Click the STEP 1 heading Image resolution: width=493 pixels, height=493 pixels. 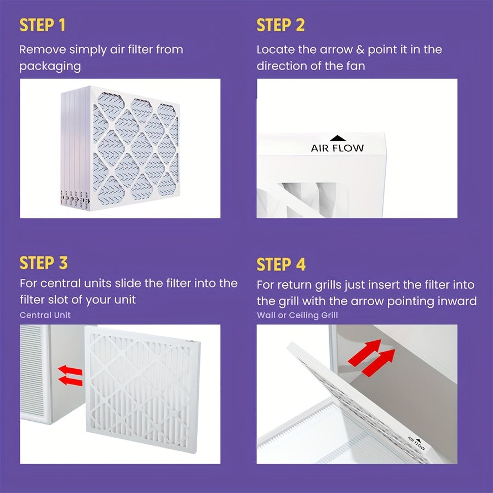pyautogui.click(x=43, y=25)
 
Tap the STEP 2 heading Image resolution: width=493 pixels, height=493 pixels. pyautogui.click(x=280, y=25)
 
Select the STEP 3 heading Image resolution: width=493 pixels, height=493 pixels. pyautogui.click(x=43, y=263)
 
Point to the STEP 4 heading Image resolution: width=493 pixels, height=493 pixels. pyautogui.click(x=280, y=265)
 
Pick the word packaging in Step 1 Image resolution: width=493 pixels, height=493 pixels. pyautogui.click(x=50, y=66)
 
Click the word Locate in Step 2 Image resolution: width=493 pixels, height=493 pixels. pyautogui.click(x=276, y=49)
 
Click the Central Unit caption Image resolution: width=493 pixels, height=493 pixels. pyautogui.click(x=45, y=315)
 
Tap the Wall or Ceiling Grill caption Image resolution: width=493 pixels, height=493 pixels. pyautogui.click(x=297, y=315)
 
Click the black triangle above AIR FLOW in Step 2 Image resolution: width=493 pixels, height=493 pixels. pyautogui.click(x=338, y=139)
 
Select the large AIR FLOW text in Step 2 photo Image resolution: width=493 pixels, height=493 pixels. pyautogui.click(x=337, y=148)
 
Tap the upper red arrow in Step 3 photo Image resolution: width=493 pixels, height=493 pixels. pyautogui.click(x=70, y=371)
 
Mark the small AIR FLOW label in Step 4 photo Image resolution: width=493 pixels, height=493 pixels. pyautogui.click(x=416, y=442)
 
